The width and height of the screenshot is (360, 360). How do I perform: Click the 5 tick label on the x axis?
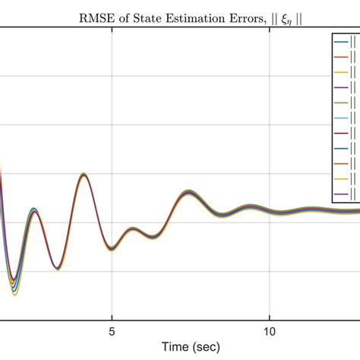(112, 331)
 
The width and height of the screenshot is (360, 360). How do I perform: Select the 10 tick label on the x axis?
(270, 331)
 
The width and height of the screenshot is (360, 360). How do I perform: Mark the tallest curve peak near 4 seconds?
(84, 175)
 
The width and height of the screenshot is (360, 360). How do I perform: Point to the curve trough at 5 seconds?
(112, 248)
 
